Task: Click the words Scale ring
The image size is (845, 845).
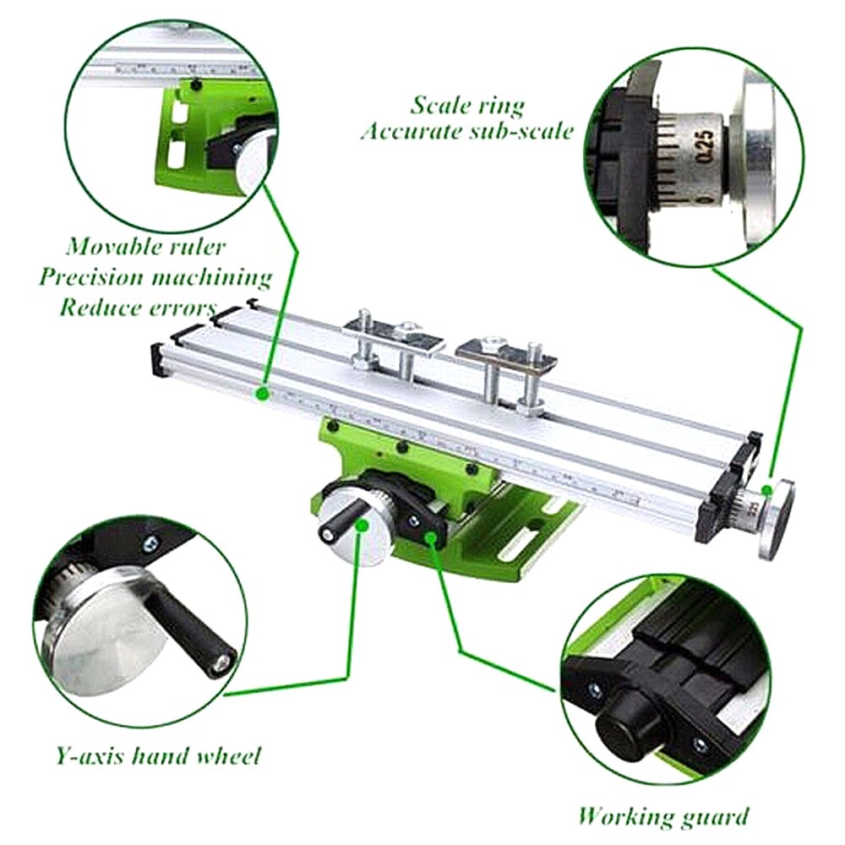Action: pyautogui.click(x=467, y=106)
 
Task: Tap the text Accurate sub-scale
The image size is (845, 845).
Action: pyautogui.click(x=467, y=132)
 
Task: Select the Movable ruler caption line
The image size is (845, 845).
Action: pyautogui.click(x=146, y=247)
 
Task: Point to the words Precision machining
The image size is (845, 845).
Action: pyautogui.click(x=155, y=276)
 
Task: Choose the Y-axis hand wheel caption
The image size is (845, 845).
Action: pyautogui.click(x=157, y=755)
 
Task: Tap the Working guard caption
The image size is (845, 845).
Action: pyautogui.click(x=662, y=816)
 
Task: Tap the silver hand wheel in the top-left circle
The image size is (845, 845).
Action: pyautogui.click(x=254, y=161)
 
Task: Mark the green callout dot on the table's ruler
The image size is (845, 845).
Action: pyautogui.click(x=264, y=393)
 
